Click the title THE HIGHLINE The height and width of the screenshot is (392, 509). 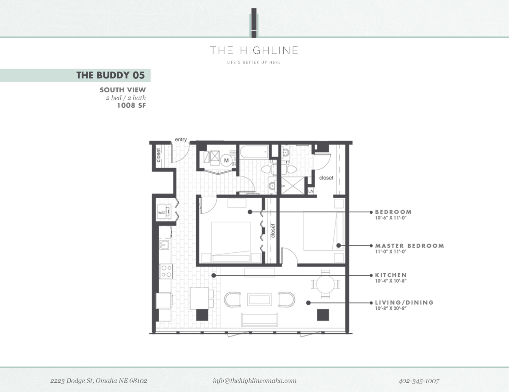[254, 51]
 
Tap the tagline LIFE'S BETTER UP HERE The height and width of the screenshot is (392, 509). [254, 63]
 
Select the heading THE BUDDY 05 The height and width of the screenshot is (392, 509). [110, 75]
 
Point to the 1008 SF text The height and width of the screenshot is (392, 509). [131, 105]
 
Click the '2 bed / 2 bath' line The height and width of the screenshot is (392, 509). [126, 98]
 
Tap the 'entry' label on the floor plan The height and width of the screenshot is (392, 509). [181, 140]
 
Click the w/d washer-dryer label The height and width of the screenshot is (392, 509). [161, 212]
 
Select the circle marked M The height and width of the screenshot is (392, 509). [226, 160]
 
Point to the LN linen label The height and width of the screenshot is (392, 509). [311, 191]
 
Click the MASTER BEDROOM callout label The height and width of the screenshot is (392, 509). [409, 246]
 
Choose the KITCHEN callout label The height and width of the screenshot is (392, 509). [390, 275]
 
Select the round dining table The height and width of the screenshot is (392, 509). [325, 284]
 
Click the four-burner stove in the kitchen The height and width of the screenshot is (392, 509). [166, 271]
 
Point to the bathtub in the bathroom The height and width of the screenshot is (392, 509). [254, 151]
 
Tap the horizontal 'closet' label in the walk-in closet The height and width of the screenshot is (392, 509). [326, 178]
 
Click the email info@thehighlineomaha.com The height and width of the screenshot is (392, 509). [254, 381]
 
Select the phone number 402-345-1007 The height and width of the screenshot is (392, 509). [418, 381]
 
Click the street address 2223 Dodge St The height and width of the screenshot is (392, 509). [99, 381]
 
